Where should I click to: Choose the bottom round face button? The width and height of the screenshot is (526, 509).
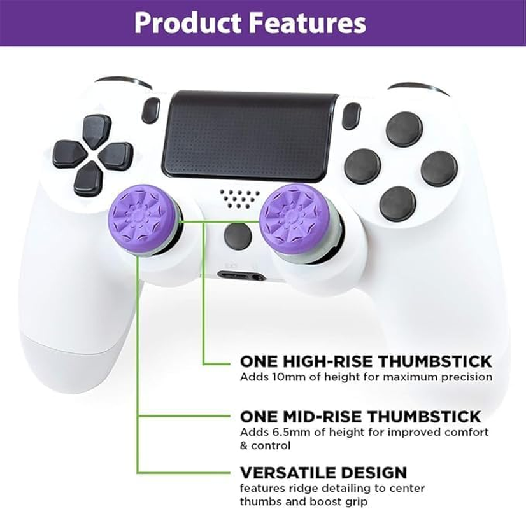tap(397, 204)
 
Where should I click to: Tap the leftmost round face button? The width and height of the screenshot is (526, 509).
tap(362, 165)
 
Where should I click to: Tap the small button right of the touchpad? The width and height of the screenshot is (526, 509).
tap(350, 115)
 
